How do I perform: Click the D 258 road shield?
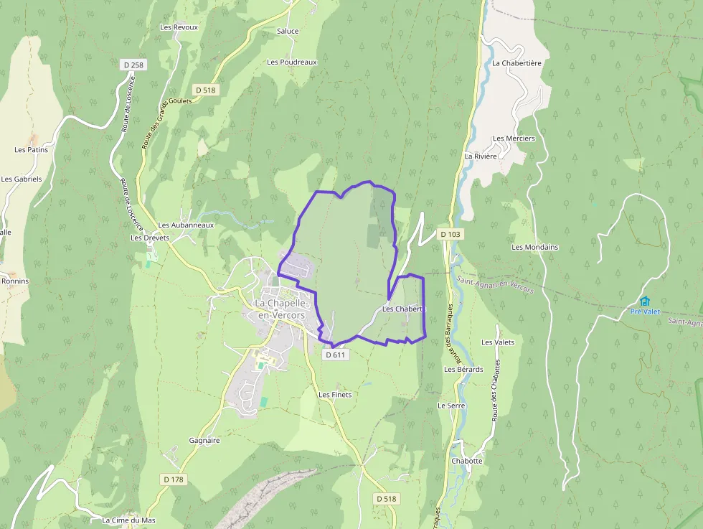point(133,65)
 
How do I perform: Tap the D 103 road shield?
point(450,234)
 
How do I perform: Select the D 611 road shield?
point(335,355)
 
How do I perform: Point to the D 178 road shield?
point(174,479)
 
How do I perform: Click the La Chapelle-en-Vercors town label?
point(280,309)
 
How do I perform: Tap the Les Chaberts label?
point(403,309)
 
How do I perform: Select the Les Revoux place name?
point(179,27)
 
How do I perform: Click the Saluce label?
point(288,31)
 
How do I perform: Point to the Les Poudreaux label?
point(292,62)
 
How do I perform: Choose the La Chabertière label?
point(516,63)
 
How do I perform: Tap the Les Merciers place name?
point(514,139)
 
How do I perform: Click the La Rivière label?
point(481,156)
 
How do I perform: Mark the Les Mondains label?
point(534,247)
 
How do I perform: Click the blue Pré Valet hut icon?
point(645,301)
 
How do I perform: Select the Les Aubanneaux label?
point(187,225)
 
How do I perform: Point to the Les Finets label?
point(335,394)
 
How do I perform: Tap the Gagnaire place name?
point(204,440)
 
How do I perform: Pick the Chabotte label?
point(467,461)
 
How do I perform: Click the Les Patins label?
point(31,150)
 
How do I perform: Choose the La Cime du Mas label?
point(129,520)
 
